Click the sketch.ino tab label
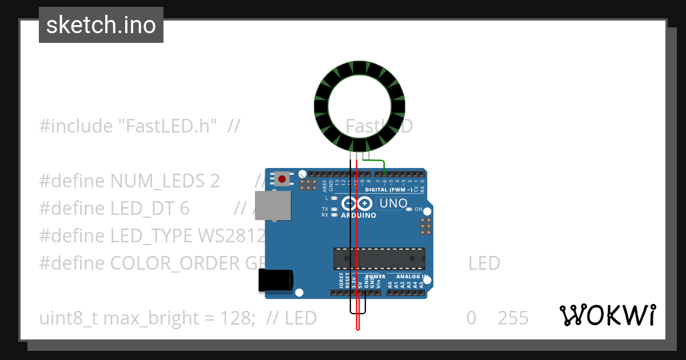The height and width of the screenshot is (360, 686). click(x=101, y=25)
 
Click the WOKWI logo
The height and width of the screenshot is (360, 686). click(x=607, y=315)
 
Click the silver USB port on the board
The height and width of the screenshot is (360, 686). click(x=272, y=206)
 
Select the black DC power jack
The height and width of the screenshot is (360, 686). click(x=276, y=280)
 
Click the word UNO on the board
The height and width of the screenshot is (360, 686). click(x=393, y=203)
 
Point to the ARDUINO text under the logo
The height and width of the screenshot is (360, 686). click(x=358, y=215)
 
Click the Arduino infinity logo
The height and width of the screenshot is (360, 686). click(x=357, y=203)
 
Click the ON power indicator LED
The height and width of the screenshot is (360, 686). click(x=409, y=209)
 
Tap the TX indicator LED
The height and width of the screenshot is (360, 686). click(x=334, y=209)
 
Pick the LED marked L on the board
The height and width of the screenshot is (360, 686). click(x=334, y=198)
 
